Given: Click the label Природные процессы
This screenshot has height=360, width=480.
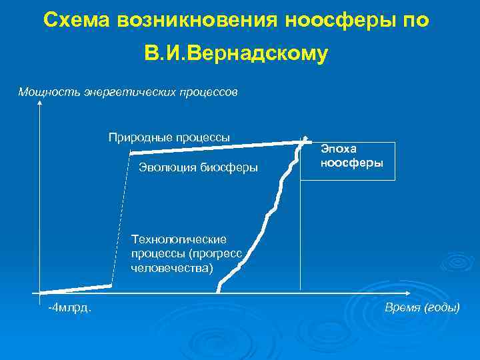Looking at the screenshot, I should coord(169,137).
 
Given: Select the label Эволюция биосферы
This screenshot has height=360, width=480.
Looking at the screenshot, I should coord(198,167).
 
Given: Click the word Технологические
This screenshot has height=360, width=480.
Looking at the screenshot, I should coord(179,239).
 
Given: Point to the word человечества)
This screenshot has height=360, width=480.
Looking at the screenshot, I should coord(173,268).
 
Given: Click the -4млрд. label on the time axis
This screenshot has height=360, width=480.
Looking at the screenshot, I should coord(70,307).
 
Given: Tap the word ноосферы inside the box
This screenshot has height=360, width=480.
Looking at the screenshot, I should coord(352,162).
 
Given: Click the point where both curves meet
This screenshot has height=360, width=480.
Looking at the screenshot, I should coord(304,140).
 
